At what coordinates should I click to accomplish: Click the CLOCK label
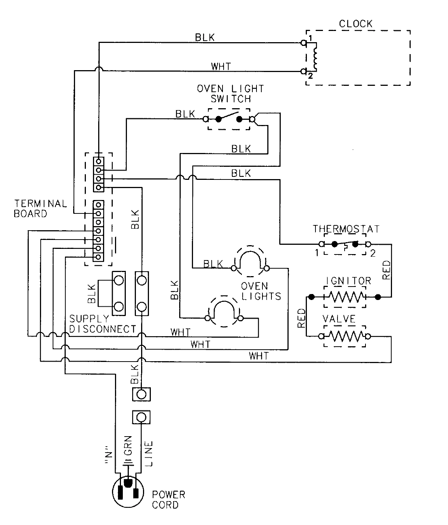click(x=355, y=24)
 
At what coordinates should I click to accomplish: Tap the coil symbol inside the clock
click(x=316, y=57)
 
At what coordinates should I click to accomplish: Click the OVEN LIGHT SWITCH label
click(x=230, y=94)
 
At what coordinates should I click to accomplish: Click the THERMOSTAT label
click(x=346, y=228)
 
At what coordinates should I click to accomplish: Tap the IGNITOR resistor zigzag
click(x=345, y=297)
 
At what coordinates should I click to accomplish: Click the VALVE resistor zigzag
click(x=345, y=336)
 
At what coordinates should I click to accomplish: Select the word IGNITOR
click(x=348, y=281)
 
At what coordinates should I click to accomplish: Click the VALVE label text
click(x=339, y=320)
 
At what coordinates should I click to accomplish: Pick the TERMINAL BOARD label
click(x=40, y=209)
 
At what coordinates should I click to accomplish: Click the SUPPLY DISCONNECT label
click(x=102, y=324)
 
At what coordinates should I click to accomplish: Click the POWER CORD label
click(x=168, y=500)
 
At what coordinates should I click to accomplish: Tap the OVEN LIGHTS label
click(x=260, y=291)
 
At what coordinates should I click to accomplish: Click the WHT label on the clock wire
click(x=221, y=66)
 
